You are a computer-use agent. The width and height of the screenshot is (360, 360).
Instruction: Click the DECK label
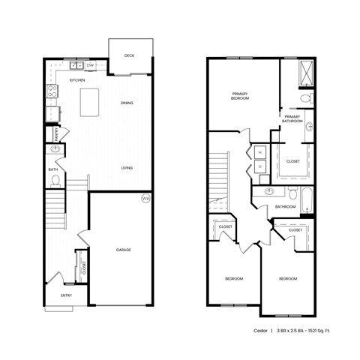[x=129, y=55]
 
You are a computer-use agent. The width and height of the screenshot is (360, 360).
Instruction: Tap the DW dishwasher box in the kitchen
[x=89, y=66]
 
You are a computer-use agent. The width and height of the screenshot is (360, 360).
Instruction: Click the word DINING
[x=127, y=103]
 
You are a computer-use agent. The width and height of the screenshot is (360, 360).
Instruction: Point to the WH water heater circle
[x=146, y=199]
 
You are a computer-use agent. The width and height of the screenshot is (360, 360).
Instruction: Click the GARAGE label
[x=124, y=249]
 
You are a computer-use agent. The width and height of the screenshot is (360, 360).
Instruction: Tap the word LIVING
[x=127, y=167]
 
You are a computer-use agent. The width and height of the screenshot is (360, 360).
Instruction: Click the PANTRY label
[x=57, y=134]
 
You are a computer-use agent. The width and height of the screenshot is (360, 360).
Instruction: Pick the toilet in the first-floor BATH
[x=55, y=181]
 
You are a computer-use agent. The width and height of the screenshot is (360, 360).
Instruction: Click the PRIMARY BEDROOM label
[x=240, y=96]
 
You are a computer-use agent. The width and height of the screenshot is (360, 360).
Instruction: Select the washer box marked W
[x=261, y=152]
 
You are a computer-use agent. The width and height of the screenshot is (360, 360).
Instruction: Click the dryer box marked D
[x=261, y=167]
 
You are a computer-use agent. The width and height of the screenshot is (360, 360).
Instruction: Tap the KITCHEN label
[x=77, y=79]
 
